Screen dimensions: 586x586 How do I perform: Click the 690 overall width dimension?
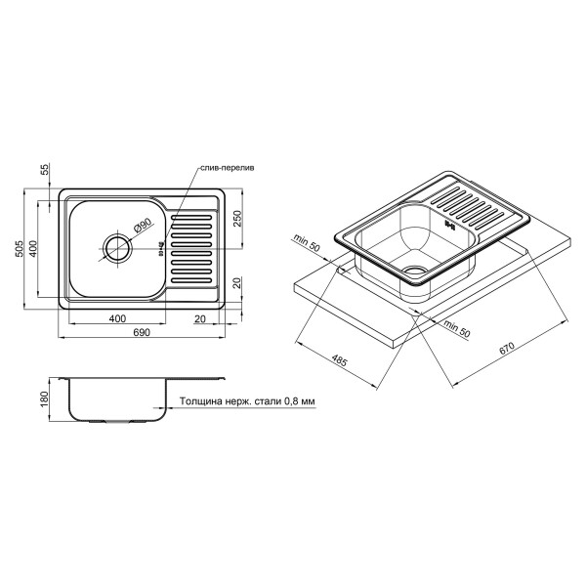click(142, 332)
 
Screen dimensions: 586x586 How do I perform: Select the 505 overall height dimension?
click(20, 248)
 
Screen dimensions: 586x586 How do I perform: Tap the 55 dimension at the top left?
click(45, 169)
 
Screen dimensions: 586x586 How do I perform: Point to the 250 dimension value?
click(238, 219)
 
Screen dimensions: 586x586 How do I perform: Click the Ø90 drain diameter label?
click(142, 226)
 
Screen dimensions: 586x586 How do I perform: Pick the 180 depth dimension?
click(45, 399)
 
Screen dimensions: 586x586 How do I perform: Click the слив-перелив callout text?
click(228, 168)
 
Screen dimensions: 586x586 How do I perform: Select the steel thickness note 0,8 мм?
click(247, 401)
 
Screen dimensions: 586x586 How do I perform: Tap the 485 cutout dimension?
click(339, 360)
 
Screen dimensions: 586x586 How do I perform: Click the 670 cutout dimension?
click(507, 348)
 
